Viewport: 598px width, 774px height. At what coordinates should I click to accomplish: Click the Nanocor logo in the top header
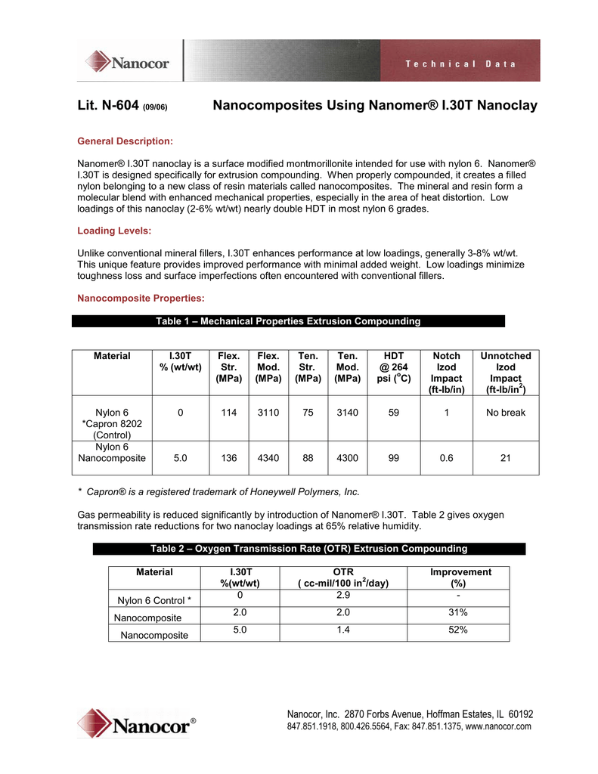[127, 61]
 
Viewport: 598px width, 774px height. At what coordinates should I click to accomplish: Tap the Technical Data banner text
[460, 64]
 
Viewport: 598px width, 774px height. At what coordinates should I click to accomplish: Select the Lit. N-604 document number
[108, 106]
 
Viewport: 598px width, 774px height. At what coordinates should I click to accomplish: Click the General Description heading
[125, 141]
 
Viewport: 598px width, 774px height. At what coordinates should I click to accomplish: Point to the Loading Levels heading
[114, 231]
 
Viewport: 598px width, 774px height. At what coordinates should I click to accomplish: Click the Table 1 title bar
[288, 321]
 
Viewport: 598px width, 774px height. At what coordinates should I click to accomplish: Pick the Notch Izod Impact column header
[447, 373]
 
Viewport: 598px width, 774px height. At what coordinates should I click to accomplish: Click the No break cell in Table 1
[506, 413]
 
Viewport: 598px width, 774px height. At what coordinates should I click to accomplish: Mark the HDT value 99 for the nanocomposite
[393, 458]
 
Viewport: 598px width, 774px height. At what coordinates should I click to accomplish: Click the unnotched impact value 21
[506, 458]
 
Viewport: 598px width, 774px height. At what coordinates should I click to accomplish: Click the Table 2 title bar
[308, 548]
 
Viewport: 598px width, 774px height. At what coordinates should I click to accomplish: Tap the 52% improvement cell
[457, 630]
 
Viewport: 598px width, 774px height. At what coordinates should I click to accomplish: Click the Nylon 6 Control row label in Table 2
[154, 601]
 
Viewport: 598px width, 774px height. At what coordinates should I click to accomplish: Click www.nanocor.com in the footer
[500, 726]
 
